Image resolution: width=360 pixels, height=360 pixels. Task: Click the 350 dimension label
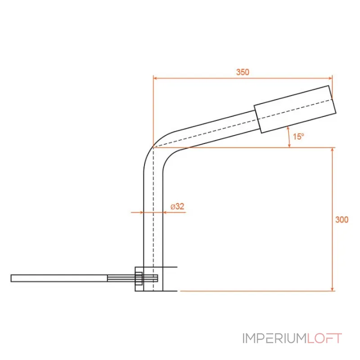coord(243,72)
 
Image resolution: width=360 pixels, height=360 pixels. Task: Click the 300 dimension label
coord(342,220)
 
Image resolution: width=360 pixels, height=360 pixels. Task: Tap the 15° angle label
coord(298,137)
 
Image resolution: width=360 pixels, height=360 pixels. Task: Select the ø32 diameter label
coord(177,207)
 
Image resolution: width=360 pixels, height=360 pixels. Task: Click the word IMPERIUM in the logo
coord(274,338)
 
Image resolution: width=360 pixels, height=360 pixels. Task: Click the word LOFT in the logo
coord(324,338)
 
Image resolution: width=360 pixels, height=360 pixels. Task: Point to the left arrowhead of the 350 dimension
coord(155,78)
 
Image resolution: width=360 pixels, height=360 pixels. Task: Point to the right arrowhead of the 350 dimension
coord(330,78)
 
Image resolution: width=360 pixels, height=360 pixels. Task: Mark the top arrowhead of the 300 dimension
coord(332,150)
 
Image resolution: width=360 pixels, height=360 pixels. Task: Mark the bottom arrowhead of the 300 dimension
coord(332,289)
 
